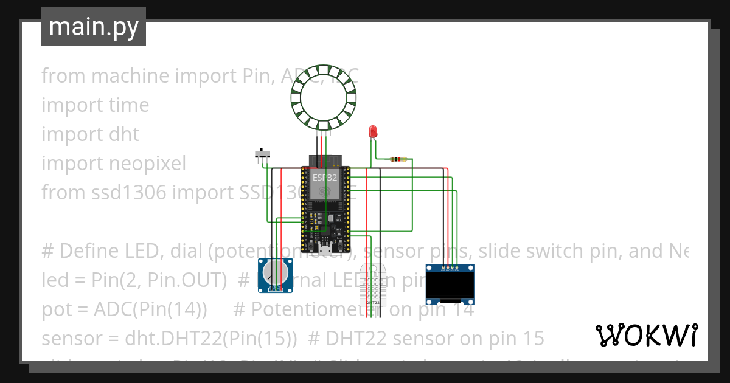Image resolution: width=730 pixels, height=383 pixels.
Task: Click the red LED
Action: (373, 131)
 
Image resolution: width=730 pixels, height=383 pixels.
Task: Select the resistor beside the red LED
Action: (398, 159)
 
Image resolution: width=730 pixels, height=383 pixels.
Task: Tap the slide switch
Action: (263, 154)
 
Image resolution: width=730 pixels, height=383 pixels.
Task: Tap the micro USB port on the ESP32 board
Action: (326, 248)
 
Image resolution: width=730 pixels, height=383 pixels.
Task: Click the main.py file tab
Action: (94, 27)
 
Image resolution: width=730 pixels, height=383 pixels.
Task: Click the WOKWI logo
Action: (646, 335)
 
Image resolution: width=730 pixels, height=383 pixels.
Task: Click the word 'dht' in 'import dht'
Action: (125, 134)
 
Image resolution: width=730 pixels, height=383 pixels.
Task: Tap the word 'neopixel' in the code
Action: (148, 164)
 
